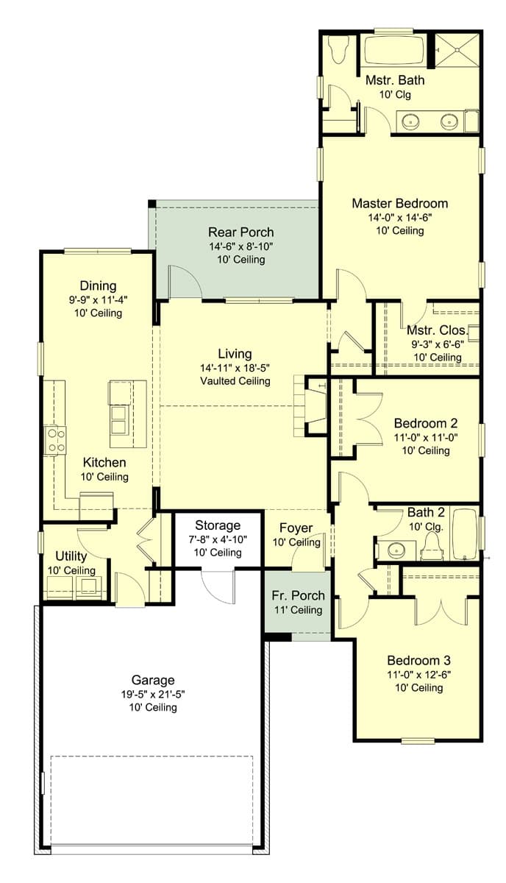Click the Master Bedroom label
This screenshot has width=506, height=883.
coord(399,203)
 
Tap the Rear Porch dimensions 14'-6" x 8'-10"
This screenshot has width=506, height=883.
coord(240,247)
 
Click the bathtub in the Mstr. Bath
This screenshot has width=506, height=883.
coord(393,52)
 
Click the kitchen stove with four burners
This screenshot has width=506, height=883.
coord(56,440)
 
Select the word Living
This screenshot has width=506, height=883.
coord(235,354)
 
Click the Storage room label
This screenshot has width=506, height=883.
coord(218,525)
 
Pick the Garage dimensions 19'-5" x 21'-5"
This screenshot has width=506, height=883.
coord(154,694)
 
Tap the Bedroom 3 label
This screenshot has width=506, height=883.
coord(416,659)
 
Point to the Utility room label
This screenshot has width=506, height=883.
coord(71,556)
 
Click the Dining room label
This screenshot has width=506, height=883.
coord(98,286)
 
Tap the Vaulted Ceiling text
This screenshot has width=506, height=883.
coord(235,381)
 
